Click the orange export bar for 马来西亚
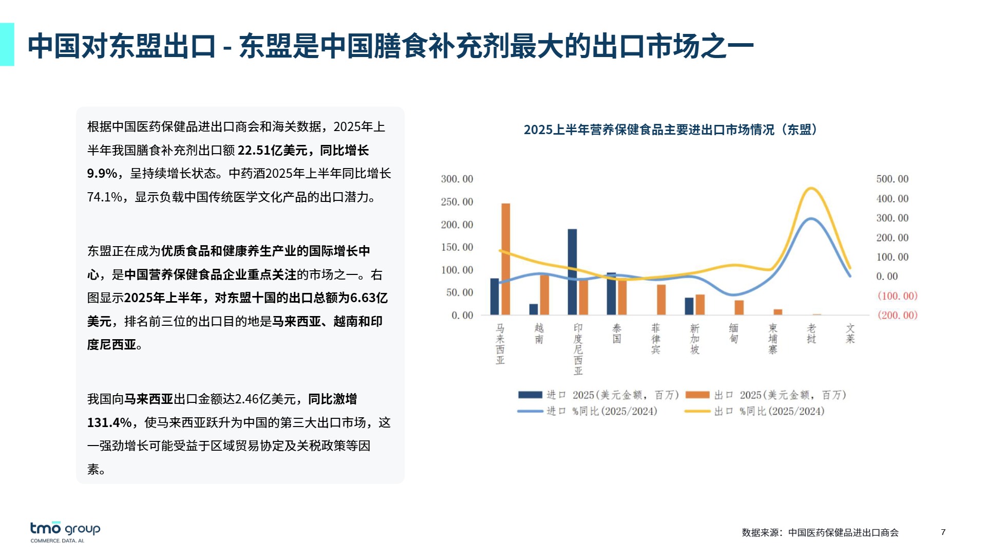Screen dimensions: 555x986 click(506, 259)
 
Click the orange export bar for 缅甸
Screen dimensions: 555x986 click(739, 307)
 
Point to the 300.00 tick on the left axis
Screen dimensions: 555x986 click(457, 179)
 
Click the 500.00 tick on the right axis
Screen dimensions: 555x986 click(892, 179)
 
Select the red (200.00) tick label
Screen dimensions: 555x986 click(897, 315)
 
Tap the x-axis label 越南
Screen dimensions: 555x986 click(539, 334)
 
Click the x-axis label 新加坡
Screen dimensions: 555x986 click(695, 339)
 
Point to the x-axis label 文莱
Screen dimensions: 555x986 click(850, 334)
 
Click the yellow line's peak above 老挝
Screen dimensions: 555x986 click(811, 188)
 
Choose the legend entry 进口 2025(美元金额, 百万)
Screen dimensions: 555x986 click(598, 395)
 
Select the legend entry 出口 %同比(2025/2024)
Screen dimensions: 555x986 click(755, 411)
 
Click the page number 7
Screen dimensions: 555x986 click(943, 532)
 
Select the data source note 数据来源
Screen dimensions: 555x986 click(820, 532)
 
